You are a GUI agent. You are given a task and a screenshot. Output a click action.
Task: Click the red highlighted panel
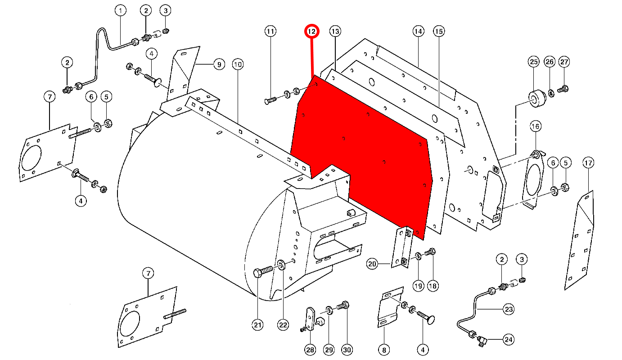tap(360, 153)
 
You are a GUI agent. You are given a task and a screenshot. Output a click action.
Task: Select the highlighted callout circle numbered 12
tap(312, 31)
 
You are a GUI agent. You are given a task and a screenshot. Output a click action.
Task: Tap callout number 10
tap(238, 64)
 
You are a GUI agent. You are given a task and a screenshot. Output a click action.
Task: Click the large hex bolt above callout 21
tap(263, 271)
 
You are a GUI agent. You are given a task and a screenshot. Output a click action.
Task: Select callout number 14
tap(419, 31)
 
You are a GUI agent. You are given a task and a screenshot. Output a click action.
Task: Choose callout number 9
tap(219, 64)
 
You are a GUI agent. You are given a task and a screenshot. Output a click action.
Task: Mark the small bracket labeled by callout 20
tap(402, 247)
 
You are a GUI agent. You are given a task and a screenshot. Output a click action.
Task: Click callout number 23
tap(509, 309)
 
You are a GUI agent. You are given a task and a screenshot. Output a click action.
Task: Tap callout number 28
tap(310, 350)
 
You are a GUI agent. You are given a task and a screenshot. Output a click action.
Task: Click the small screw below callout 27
tap(563, 90)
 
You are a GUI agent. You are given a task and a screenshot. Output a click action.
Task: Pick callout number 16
tap(535, 126)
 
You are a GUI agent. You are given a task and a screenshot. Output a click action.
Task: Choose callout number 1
tap(120, 10)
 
